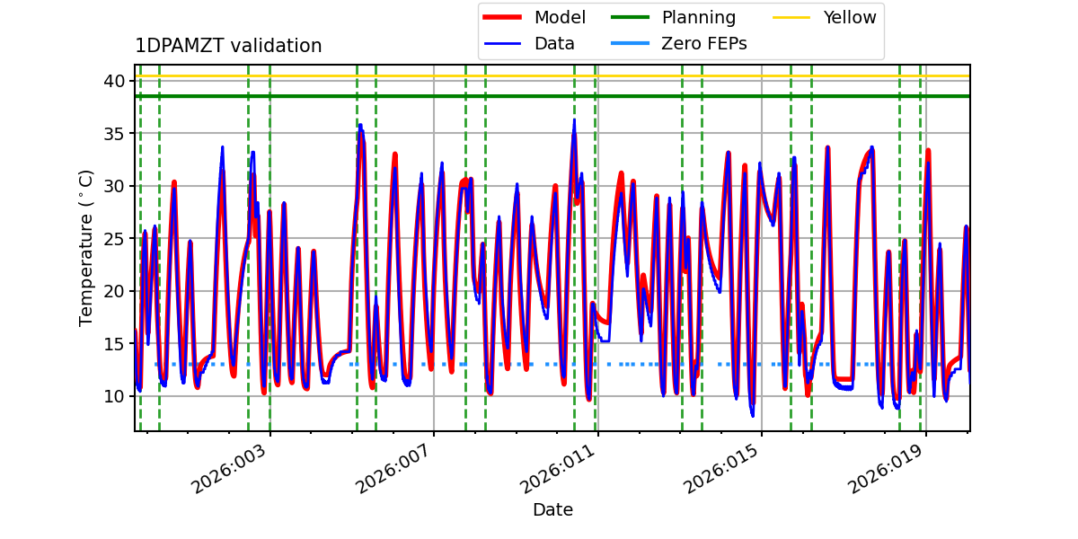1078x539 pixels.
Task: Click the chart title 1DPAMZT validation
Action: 228,46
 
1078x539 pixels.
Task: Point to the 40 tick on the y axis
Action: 113,81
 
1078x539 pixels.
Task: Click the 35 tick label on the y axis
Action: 113,133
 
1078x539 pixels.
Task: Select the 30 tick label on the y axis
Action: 113,186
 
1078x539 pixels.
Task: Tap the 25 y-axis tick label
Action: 113,238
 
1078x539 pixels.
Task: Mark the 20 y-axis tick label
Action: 113,291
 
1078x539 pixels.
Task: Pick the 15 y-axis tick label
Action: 113,343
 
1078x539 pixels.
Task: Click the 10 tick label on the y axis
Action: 113,396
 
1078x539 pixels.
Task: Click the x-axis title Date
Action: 552,510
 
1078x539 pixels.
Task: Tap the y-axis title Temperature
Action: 86,247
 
